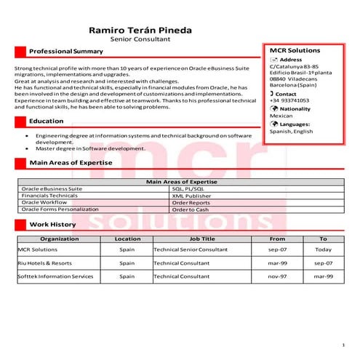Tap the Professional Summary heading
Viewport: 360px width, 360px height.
(x=66, y=52)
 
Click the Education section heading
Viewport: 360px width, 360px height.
(x=47, y=121)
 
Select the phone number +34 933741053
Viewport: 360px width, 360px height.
(x=289, y=100)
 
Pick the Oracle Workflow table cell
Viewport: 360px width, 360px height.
(x=44, y=202)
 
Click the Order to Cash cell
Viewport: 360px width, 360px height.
(x=191, y=209)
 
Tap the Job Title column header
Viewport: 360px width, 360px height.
(x=202, y=239)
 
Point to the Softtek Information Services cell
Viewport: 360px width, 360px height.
(x=56, y=276)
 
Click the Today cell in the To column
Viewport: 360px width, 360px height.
(x=323, y=249)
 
